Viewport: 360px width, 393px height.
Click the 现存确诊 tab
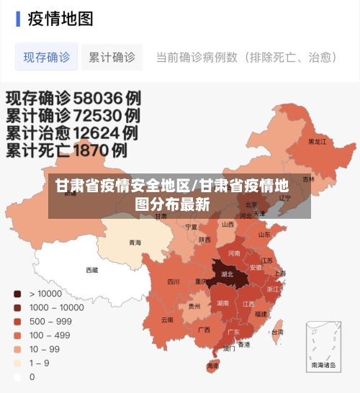[x=47, y=57]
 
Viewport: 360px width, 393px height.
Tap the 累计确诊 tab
[x=112, y=57]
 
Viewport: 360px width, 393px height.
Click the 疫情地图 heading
[x=60, y=19]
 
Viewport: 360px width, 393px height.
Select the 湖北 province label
[x=227, y=274]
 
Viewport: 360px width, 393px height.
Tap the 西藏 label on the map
[x=92, y=271]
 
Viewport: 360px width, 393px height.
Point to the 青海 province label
[x=135, y=243]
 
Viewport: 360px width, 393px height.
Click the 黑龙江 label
[x=317, y=142]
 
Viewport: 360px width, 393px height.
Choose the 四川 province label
[x=174, y=281]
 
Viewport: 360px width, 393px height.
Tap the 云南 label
[x=167, y=319]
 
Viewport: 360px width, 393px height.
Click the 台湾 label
[x=277, y=332]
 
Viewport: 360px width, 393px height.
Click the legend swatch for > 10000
[x=17, y=294]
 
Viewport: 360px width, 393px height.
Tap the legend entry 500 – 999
[x=50, y=321]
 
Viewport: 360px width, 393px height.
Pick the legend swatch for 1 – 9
[x=17, y=363]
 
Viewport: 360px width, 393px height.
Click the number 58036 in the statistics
[x=97, y=96]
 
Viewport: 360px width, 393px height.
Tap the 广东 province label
[x=233, y=332]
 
